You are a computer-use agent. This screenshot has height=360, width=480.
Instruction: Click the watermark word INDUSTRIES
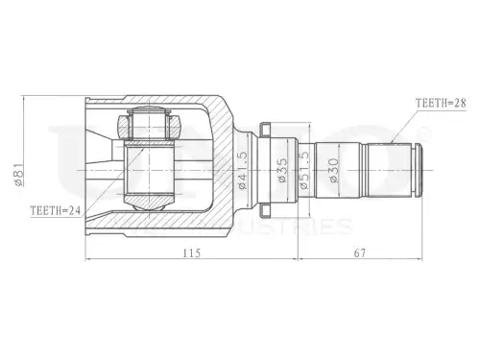click(288, 227)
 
